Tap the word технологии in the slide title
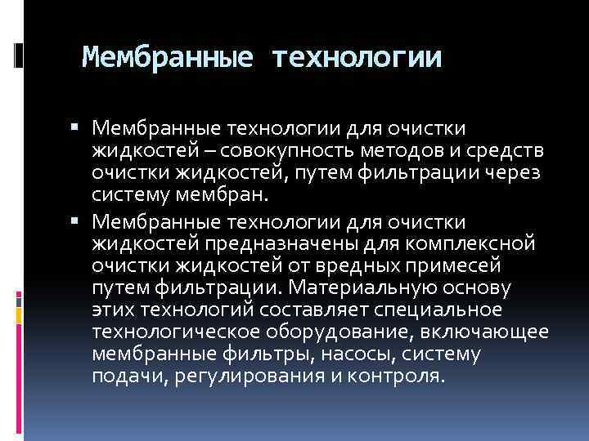click(357, 57)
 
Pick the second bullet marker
click(74, 220)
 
